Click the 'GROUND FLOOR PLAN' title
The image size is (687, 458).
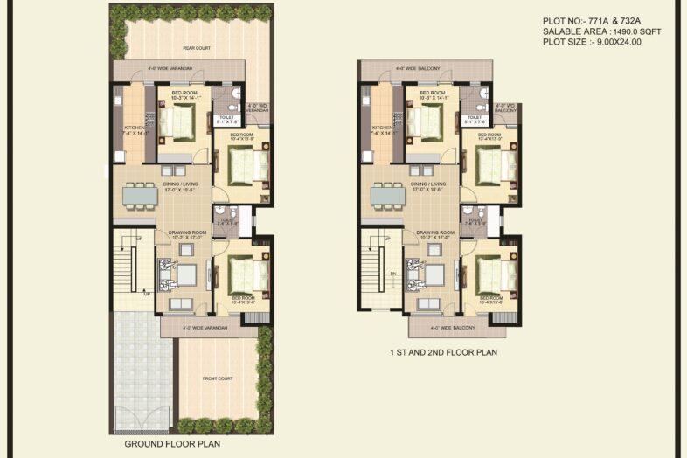[173, 444]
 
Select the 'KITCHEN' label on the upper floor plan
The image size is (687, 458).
[383, 128]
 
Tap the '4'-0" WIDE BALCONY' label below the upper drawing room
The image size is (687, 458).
[454, 328]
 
